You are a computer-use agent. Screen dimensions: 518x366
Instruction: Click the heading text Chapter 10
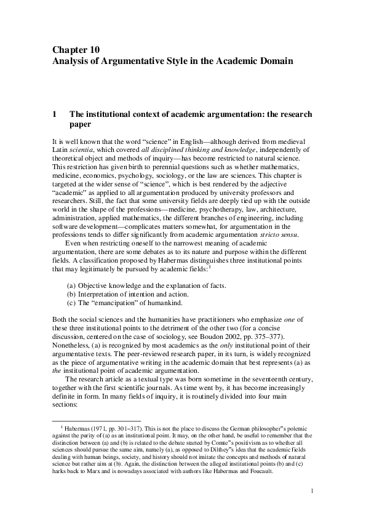(x=76, y=49)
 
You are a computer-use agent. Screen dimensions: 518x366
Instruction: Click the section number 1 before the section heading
(x=55, y=114)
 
